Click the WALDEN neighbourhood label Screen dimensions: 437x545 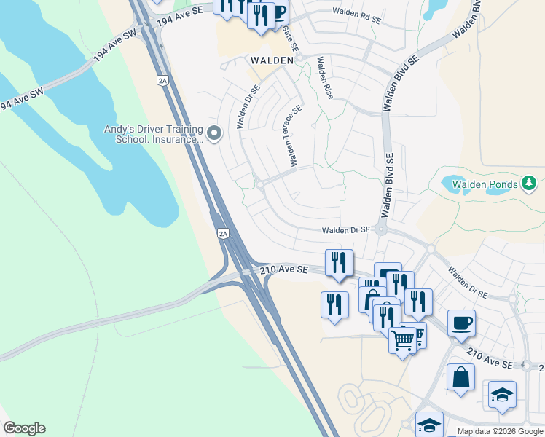click(x=272, y=60)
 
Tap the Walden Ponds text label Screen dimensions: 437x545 click(x=485, y=184)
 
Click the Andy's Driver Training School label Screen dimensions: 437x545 click(x=153, y=134)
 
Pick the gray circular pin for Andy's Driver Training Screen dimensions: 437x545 click(x=214, y=133)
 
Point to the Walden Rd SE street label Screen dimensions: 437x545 click(x=358, y=12)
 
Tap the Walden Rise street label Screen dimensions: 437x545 click(x=324, y=80)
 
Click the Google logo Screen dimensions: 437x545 click(x=24, y=428)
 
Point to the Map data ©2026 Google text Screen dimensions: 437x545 click(x=500, y=431)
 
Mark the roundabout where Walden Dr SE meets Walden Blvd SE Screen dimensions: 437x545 click(x=381, y=229)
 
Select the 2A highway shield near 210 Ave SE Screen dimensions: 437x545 click(x=223, y=234)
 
